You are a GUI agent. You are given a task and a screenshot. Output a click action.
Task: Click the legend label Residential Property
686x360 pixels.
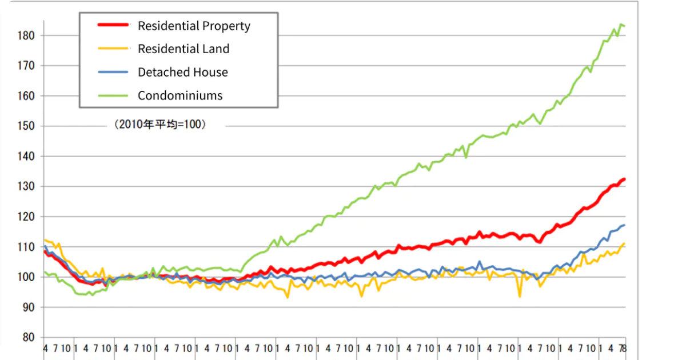coord(194,26)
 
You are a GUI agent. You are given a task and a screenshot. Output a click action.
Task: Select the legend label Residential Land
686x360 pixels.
coord(184,49)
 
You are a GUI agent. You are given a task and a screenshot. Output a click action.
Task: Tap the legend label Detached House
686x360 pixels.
coord(182,72)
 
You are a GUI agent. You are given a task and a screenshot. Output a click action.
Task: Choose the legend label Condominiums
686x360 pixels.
coord(180,95)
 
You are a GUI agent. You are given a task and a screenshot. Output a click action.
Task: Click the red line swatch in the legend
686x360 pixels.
coord(113,25)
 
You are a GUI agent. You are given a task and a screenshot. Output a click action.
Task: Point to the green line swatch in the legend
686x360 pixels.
coord(113,95)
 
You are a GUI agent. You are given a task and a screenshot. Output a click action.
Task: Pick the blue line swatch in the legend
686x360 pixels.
coord(113,72)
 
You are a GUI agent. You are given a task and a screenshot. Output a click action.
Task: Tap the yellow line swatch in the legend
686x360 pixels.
coord(113,49)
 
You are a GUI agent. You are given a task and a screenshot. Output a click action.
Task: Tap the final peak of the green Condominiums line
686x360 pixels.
coord(621,24)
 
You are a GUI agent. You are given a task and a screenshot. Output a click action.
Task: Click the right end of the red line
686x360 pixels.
coord(625,179)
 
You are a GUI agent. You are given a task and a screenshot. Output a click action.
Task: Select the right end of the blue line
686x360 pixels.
coord(625,225)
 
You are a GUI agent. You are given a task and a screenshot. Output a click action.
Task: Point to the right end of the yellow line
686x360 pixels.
coord(625,243)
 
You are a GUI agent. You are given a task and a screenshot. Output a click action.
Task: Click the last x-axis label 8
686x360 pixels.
coord(624,348)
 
